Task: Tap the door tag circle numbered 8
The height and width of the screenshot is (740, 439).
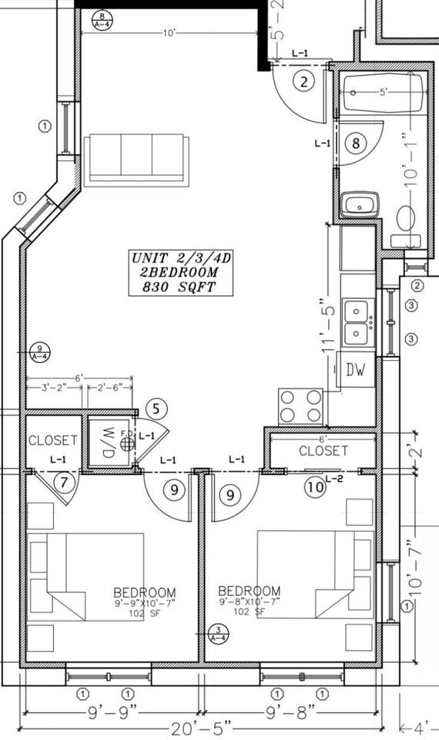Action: pyautogui.click(x=355, y=143)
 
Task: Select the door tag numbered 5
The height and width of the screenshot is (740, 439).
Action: pyautogui.click(x=156, y=409)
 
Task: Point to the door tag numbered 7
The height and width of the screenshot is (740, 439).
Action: pyautogui.click(x=65, y=483)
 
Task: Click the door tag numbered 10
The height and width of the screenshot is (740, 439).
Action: pyautogui.click(x=314, y=487)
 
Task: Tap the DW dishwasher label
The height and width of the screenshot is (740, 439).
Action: pyautogui.click(x=355, y=371)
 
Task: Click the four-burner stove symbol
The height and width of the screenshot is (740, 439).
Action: pyautogui.click(x=300, y=405)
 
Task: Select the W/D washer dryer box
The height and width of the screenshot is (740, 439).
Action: pyautogui.click(x=109, y=443)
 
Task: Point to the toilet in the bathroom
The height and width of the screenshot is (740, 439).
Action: pyautogui.click(x=407, y=218)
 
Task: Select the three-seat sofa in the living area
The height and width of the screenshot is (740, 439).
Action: pyautogui.click(x=136, y=160)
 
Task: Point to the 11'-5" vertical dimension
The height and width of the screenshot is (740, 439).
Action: pyautogui.click(x=329, y=325)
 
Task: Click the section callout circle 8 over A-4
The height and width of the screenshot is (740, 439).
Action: pyautogui.click(x=101, y=18)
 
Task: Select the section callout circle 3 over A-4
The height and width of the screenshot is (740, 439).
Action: pyautogui.click(x=218, y=634)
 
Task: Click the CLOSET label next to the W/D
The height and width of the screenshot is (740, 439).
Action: pyautogui.click(x=52, y=441)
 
